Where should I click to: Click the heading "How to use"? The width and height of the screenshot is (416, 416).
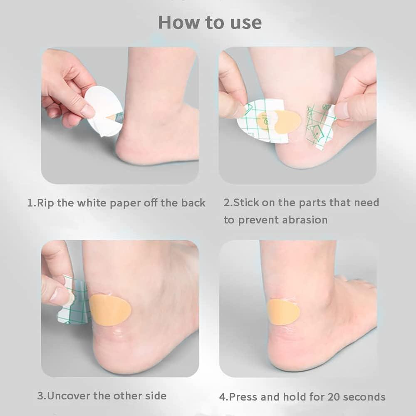[210, 22]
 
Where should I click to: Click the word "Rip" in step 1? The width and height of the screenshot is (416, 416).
[45, 203]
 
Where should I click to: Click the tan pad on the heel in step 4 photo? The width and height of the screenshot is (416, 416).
[283, 312]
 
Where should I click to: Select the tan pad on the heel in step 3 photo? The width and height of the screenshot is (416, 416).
[110, 310]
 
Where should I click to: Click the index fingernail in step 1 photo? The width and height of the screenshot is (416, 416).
[87, 111]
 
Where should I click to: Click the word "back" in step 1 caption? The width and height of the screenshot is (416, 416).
[193, 203]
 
